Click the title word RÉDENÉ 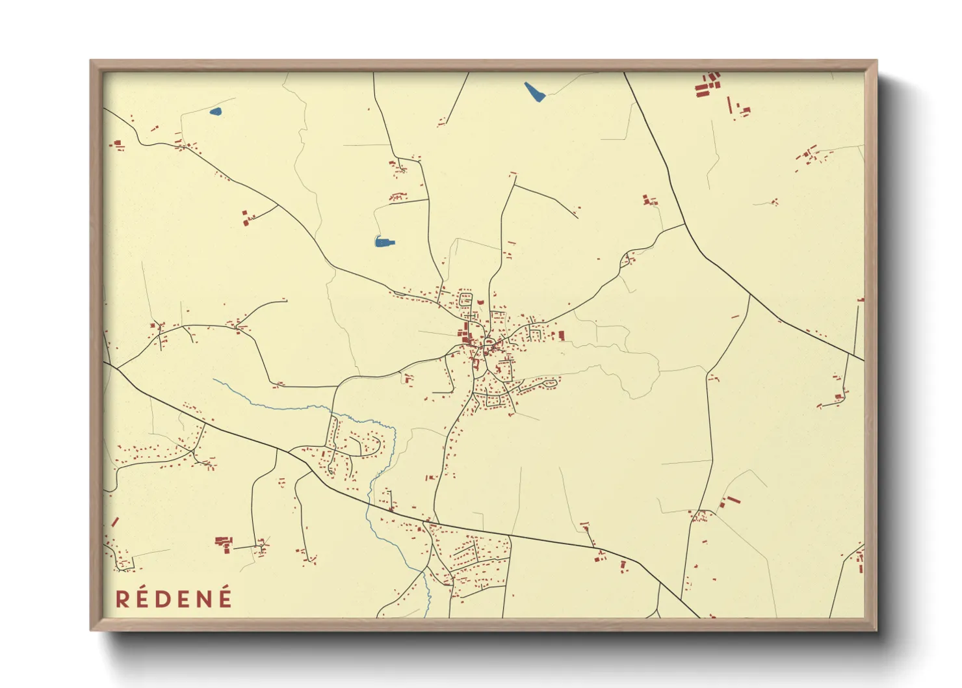[x=174, y=598]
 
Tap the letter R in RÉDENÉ [x=122, y=599]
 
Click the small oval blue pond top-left [x=215, y=111]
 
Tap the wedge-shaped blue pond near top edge [x=534, y=92]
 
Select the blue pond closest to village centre [x=384, y=243]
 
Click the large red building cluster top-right [x=708, y=85]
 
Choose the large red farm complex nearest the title [x=224, y=542]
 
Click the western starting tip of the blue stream [x=214, y=380]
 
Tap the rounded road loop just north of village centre [x=465, y=300]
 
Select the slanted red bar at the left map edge [x=115, y=522]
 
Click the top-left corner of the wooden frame [x=91, y=61]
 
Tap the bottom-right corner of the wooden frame [x=876, y=629]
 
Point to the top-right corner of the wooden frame [x=876, y=61]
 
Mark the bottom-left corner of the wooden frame [x=91, y=629]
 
